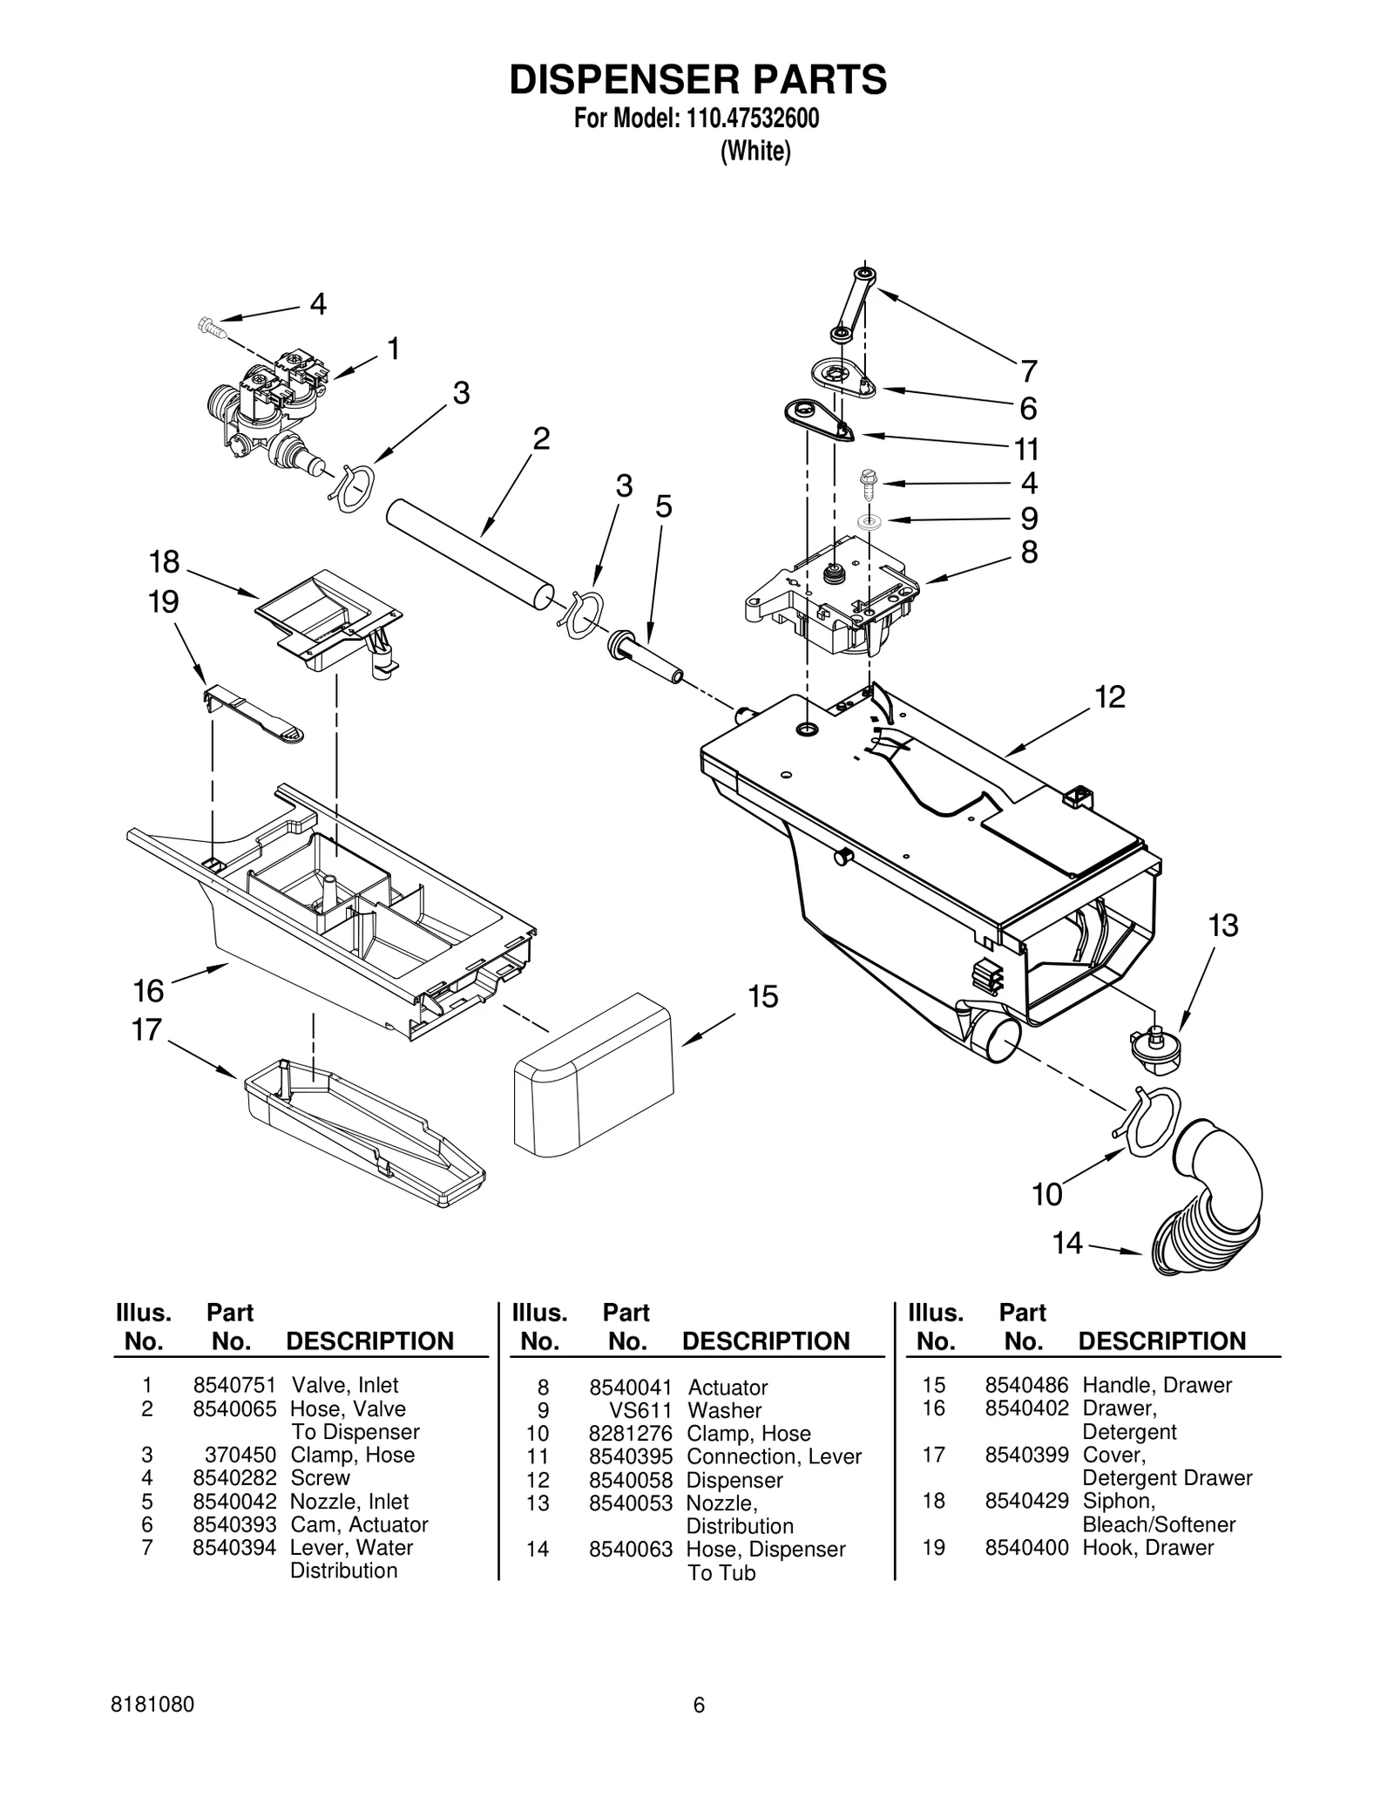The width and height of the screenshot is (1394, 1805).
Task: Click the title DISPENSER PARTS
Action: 697,79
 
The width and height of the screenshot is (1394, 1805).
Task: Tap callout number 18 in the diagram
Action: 164,563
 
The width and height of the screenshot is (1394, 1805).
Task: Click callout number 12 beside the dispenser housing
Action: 1110,696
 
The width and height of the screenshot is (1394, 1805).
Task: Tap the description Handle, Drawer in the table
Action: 1156,1385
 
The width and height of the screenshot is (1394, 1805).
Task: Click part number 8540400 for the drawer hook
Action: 1026,1547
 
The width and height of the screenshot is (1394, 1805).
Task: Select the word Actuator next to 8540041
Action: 727,1388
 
